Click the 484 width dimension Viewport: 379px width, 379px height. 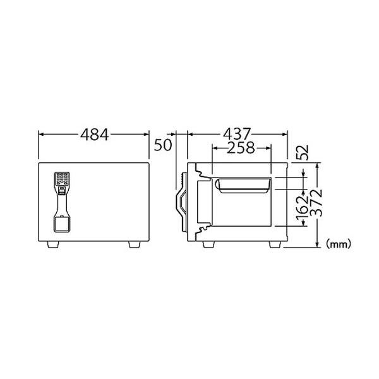click(95, 135)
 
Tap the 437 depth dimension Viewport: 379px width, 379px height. click(237, 134)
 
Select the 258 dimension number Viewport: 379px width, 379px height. click(241, 147)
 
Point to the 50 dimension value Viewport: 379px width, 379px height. click(163, 145)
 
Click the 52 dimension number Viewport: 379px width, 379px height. click(303, 152)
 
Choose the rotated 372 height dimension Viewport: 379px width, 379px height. click(316, 203)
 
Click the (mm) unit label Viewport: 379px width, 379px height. click(339, 244)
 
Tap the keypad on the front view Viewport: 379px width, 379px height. click(63, 179)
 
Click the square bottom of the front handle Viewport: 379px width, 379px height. click(61, 224)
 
